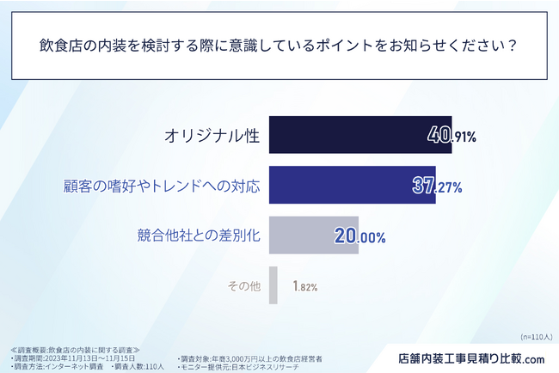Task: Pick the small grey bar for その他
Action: click(273, 285)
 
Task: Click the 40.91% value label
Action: click(452, 136)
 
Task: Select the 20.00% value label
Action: click(359, 235)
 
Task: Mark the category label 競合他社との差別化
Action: click(200, 235)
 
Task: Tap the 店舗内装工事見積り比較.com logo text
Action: click(472, 358)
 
